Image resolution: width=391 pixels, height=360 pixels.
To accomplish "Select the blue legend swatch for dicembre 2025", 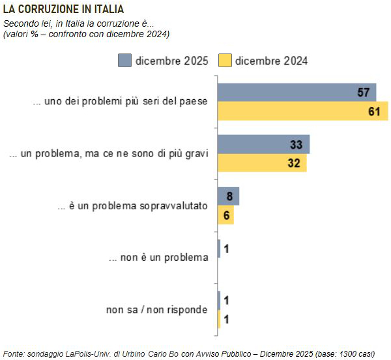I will tap(124, 61).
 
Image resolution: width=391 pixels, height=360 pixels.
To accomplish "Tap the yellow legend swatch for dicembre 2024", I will tap(225, 61).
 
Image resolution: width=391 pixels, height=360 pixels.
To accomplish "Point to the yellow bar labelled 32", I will tap(261, 163).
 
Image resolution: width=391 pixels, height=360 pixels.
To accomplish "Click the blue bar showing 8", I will tap(228, 196).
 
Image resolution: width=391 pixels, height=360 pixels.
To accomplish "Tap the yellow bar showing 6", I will tap(225, 215).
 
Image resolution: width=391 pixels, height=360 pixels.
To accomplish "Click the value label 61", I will tap(373, 111).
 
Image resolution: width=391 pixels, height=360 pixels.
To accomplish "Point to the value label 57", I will tap(364, 92).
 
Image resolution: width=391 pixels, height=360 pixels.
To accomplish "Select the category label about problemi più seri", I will tap(121, 102).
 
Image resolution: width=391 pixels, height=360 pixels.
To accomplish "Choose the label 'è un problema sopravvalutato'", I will tap(133, 205).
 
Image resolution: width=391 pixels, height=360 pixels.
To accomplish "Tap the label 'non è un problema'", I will tap(158, 257).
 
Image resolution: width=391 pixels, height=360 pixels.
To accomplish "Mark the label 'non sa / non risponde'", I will tap(157, 308).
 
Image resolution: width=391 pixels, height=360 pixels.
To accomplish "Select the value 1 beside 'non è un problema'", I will tap(225, 248).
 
